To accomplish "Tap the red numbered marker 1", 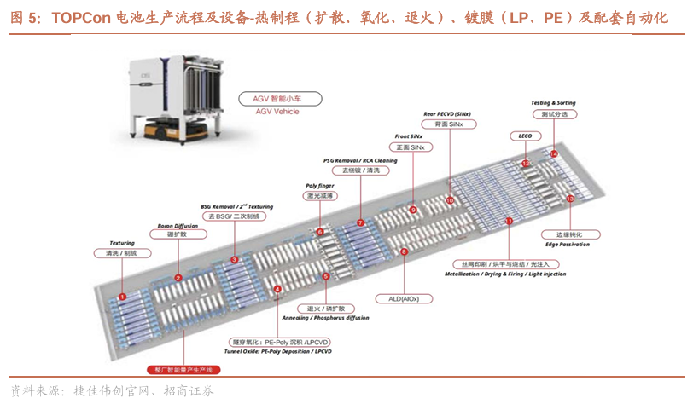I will pyautogui.click(x=122, y=297).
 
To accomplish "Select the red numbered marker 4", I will pyautogui.click(x=277, y=290).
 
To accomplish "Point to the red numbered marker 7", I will pyautogui.click(x=361, y=222).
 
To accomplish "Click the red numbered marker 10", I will pyautogui.click(x=451, y=200).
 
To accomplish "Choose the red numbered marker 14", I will pyautogui.click(x=554, y=153).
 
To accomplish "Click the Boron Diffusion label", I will pyautogui.click(x=178, y=226).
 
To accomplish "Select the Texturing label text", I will pyautogui.click(x=122, y=243).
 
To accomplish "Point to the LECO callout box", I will pyautogui.click(x=525, y=136).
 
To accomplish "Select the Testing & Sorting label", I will pyautogui.click(x=554, y=103).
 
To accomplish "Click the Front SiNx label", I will pyautogui.click(x=411, y=136).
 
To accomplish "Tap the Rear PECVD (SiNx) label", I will pyautogui.click(x=448, y=113).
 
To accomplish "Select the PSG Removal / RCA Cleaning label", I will pyautogui.click(x=361, y=160).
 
